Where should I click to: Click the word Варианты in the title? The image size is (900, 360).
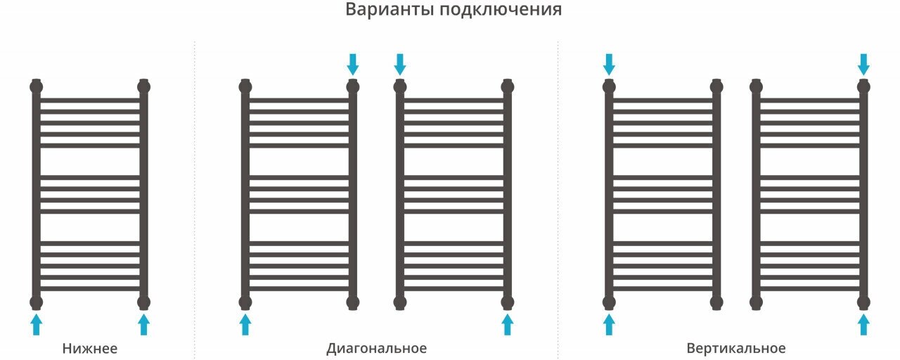pyautogui.click(x=387, y=10)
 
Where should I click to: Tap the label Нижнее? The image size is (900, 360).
pyautogui.click(x=89, y=349)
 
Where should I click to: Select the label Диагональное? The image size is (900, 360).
pyautogui.click(x=376, y=349)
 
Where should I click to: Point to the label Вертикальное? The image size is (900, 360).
pyautogui.click(x=736, y=349)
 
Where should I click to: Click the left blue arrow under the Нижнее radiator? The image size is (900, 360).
pyautogui.click(x=37, y=324)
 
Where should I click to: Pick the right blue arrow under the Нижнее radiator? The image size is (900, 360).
pyautogui.click(x=143, y=324)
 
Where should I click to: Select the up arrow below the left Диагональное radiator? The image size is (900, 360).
pyautogui.click(x=245, y=324)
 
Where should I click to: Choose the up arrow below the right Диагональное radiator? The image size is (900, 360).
pyautogui.click(x=507, y=324)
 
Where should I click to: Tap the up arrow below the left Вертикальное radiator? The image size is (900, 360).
pyautogui.click(x=609, y=324)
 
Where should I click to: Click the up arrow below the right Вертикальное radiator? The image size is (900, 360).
pyautogui.click(x=863, y=324)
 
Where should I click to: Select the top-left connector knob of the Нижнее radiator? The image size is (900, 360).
pyautogui.click(x=37, y=87)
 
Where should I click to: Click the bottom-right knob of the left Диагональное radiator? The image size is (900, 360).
pyautogui.click(x=353, y=302)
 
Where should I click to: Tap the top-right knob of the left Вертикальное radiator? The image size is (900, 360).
pyautogui.click(x=716, y=87)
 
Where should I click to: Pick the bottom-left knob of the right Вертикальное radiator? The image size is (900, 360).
pyautogui.click(x=757, y=302)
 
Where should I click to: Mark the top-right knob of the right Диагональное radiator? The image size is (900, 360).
pyautogui.click(x=507, y=87)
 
